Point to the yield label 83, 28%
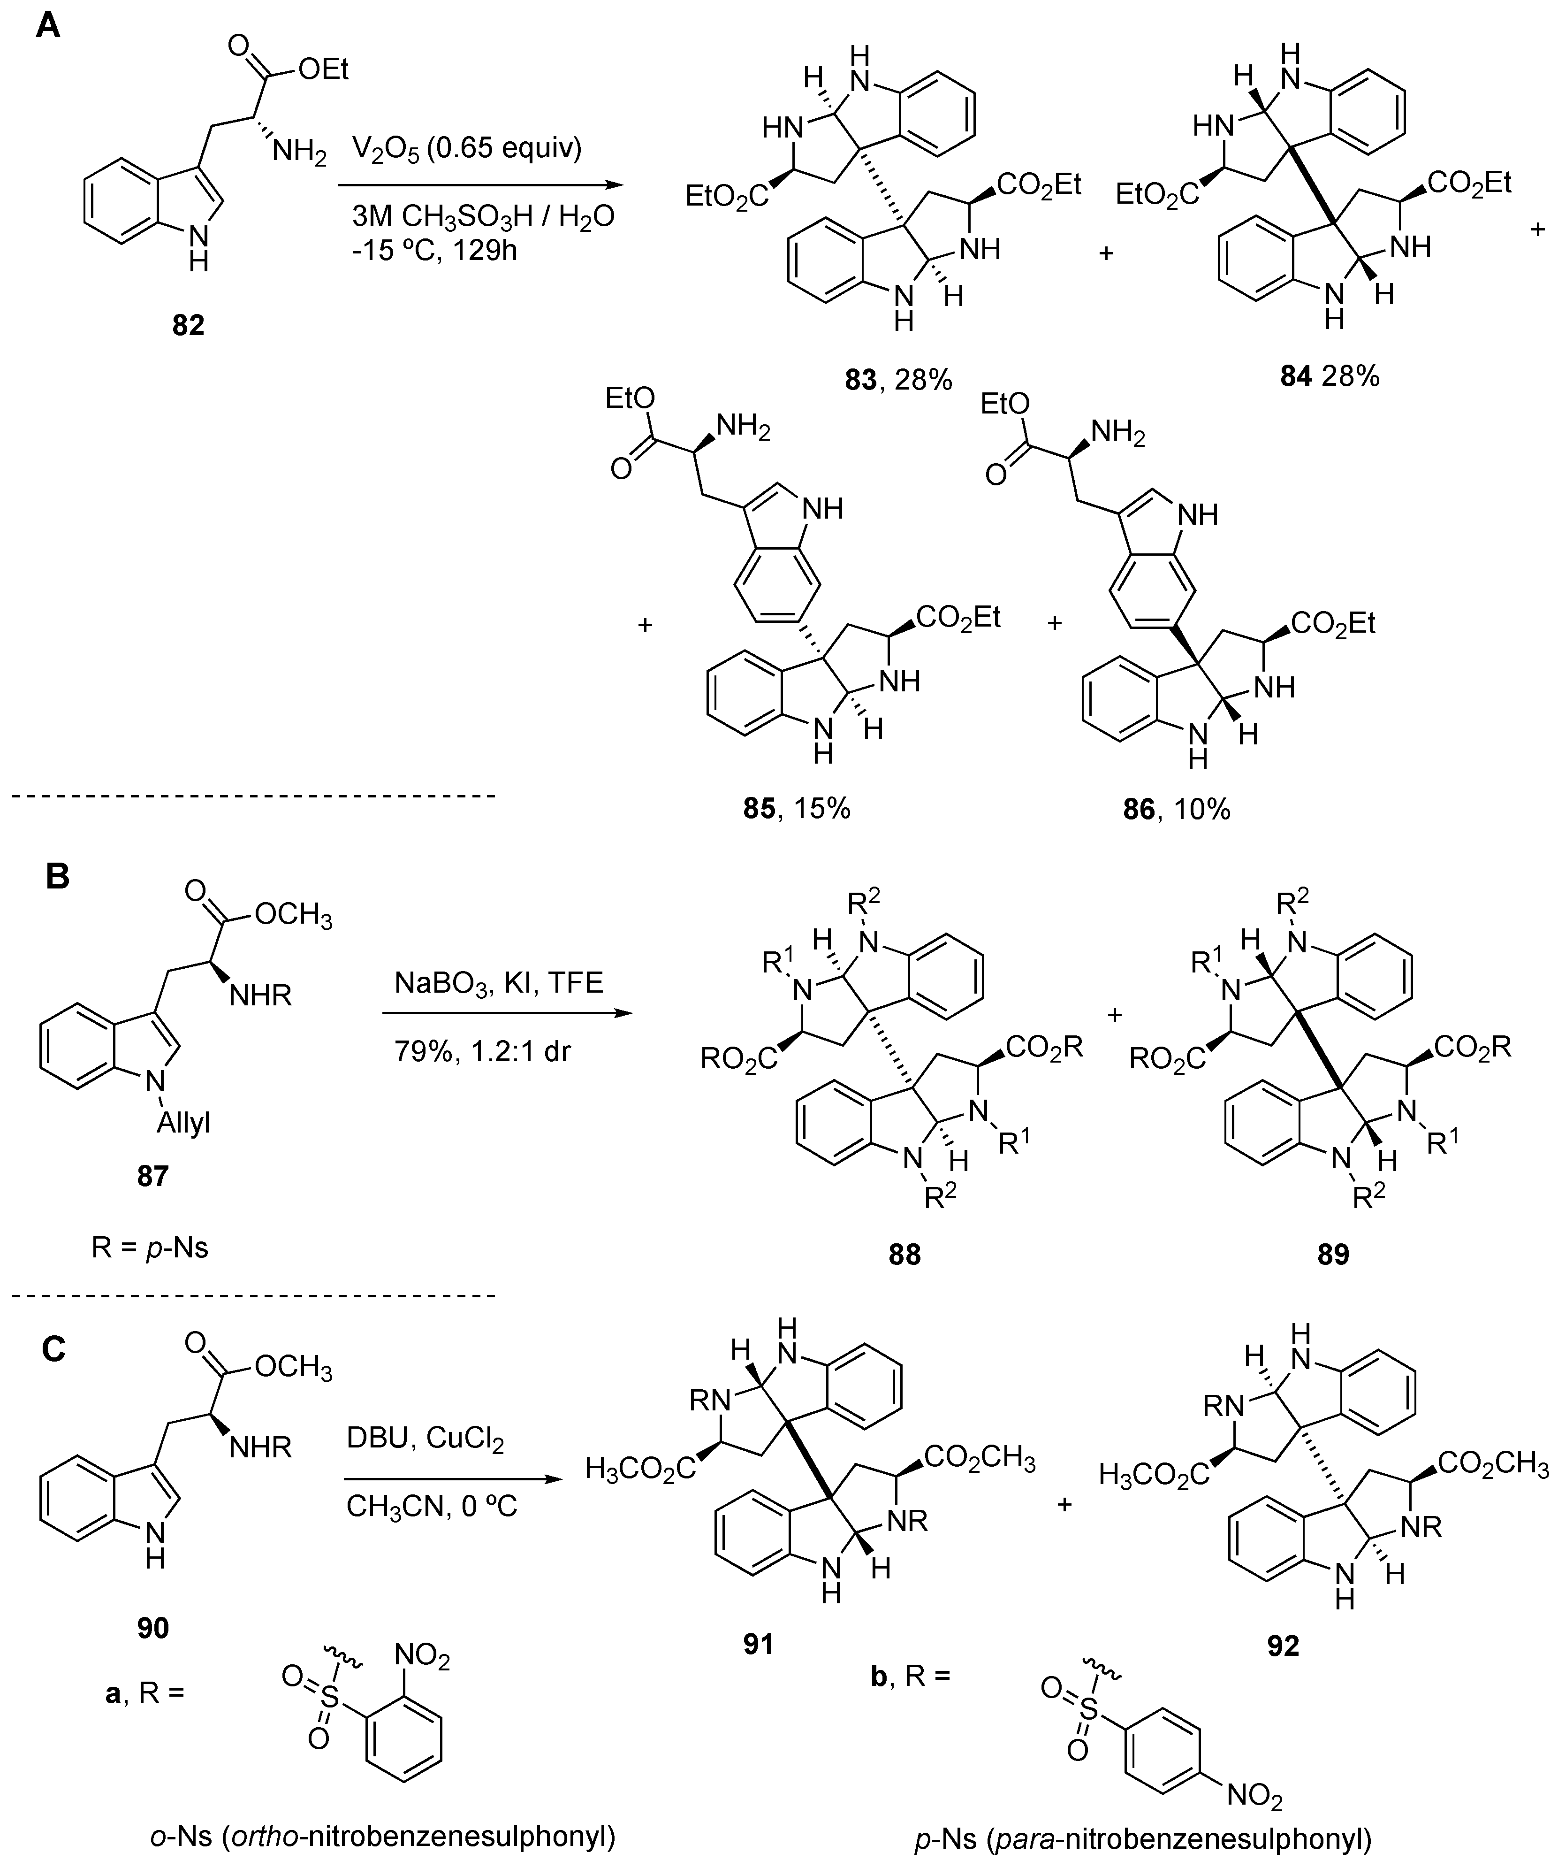[x=898, y=381]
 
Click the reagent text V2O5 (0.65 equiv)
[x=467, y=149]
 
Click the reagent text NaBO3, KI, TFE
[x=499, y=982]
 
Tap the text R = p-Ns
[x=149, y=1248]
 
